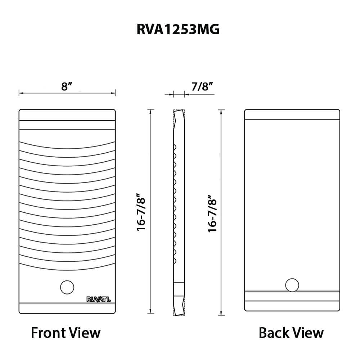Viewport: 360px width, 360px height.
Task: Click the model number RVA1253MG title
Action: pos(178,30)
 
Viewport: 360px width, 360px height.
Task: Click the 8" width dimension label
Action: pos(67,87)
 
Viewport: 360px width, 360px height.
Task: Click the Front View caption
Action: pos(66,332)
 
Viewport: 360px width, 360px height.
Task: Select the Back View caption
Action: pos(291,332)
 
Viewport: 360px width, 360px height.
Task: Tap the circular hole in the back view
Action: pos(292,285)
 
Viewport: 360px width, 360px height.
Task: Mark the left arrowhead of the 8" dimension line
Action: pos(21,94)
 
